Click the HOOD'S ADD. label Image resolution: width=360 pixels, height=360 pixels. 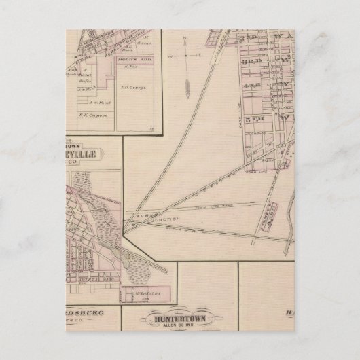click(x=128, y=60)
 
